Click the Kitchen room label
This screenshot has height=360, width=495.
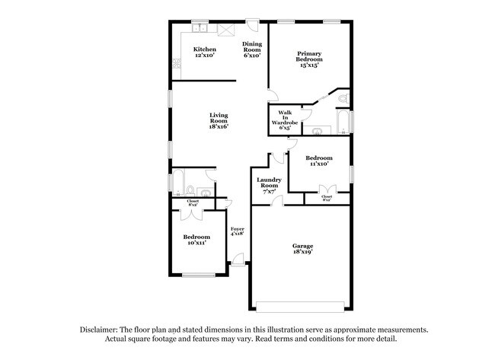click(204, 53)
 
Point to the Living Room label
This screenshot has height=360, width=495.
click(219, 121)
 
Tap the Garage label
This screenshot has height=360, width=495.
click(302, 248)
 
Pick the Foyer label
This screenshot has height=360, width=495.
click(238, 231)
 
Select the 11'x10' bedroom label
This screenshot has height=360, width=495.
click(318, 161)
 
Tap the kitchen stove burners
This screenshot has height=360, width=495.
click(225, 29)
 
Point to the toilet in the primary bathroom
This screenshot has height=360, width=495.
click(342, 98)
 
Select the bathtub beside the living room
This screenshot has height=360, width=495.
click(177, 183)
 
